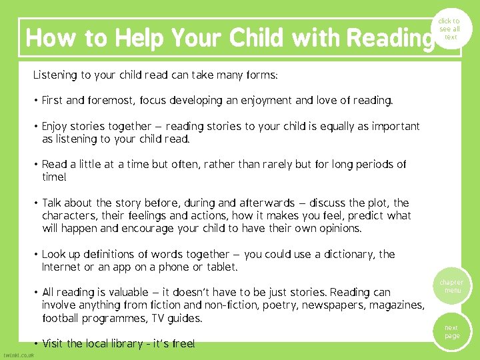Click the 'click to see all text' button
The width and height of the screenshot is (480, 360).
(x=451, y=29)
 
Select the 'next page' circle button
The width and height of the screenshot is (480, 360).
(x=452, y=332)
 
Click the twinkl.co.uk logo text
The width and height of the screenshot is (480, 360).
(x=18, y=355)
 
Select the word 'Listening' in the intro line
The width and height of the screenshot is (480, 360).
(x=55, y=75)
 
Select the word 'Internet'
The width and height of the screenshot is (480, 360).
(x=61, y=267)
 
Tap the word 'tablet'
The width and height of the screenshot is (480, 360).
(x=221, y=267)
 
